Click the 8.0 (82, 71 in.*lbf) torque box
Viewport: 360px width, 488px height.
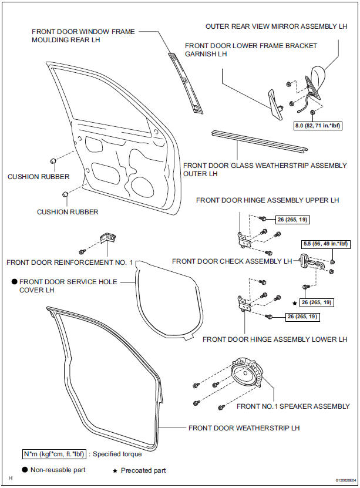(318, 126)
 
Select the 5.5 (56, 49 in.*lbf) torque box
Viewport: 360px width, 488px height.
(325, 244)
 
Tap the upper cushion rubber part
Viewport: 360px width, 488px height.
(53, 161)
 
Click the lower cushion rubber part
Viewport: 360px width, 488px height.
(65, 194)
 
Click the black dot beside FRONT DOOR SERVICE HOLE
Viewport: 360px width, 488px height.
(14, 282)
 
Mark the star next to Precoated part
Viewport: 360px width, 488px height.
(115, 471)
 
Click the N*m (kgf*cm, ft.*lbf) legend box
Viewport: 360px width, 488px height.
(54, 454)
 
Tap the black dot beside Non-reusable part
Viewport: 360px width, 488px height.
(25, 470)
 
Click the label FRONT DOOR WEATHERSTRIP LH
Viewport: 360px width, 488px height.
(244, 428)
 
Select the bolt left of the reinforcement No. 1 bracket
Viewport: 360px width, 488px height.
(82, 251)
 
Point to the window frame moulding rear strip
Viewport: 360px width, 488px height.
(186, 82)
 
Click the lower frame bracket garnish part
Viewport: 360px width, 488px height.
(275, 104)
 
